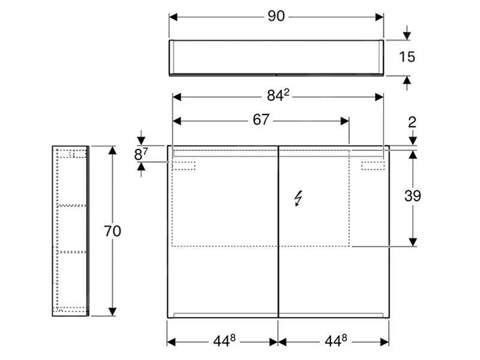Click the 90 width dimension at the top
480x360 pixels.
point(275,17)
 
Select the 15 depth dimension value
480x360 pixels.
point(407,57)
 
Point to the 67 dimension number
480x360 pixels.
point(260,120)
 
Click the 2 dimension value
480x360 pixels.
point(412,122)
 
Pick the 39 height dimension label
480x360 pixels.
point(412,196)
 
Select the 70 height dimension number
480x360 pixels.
point(112,231)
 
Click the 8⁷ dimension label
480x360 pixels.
point(140,154)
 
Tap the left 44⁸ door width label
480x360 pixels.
point(223,341)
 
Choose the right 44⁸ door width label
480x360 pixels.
point(335,341)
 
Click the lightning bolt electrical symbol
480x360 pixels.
point(298,198)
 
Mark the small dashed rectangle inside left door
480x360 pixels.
point(185,166)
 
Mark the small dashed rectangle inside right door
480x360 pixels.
point(373,166)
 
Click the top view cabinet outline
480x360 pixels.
point(276,58)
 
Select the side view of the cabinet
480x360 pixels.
point(70,230)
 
